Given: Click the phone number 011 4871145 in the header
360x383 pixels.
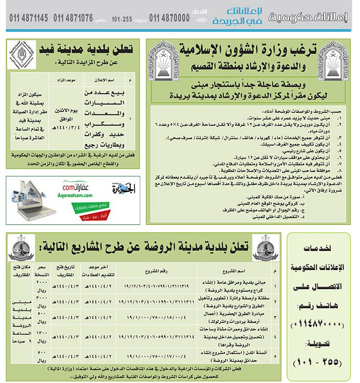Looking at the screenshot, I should pos(29,18).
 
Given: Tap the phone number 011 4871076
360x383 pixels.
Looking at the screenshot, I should pos(72,18).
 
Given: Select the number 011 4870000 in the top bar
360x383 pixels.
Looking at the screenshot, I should pos(169,18).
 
